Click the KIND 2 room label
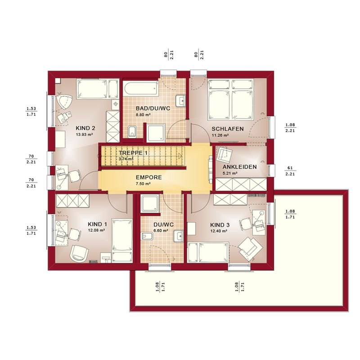tap(85, 128)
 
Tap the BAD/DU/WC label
tap(153, 108)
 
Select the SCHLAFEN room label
tap(228, 129)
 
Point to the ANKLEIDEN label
tap(239, 167)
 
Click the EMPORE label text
tap(149, 177)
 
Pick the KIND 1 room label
tap(97, 224)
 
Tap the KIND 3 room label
tap(220, 225)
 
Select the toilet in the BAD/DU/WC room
tap(132, 131)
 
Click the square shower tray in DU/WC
tap(150, 204)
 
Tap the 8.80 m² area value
tap(143, 115)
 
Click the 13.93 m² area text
tap(84, 135)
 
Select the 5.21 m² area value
tap(230, 173)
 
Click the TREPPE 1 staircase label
tap(133, 153)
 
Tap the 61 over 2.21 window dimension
tap(290, 171)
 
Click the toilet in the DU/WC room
tap(147, 236)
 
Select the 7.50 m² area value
tap(143, 184)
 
